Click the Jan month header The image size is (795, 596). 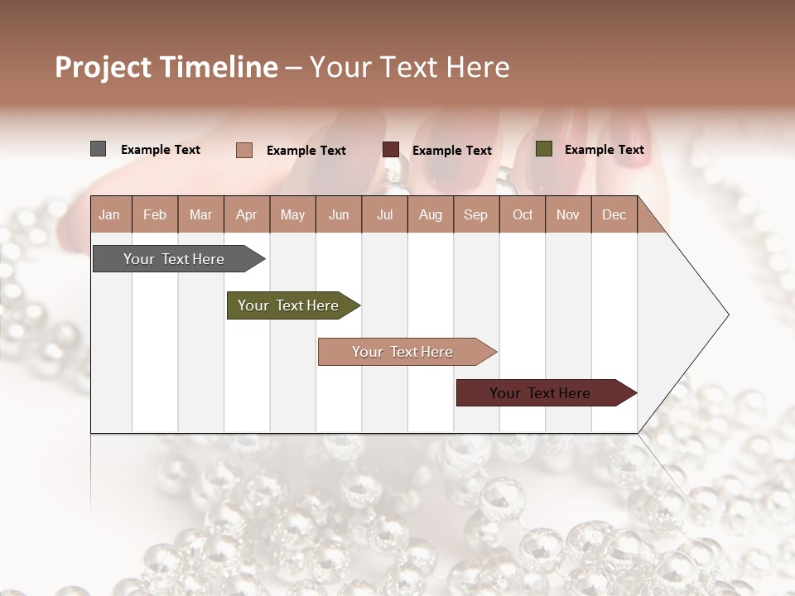(x=109, y=214)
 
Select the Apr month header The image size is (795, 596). (x=246, y=214)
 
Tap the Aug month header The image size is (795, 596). (x=430, y=214)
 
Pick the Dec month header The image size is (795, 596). (x=614, y=214)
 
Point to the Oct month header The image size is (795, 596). (x=523, y=214)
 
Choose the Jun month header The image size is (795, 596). (x=338, y=214)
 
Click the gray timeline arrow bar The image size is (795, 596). (x=174, y=259)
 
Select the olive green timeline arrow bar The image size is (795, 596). (x=288, y=305)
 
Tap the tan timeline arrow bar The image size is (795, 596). (x=402, y=352)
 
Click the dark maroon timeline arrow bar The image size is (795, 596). (x=540, y=393)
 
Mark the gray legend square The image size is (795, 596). (x=98, y=149)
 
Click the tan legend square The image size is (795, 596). (x=243, y=150)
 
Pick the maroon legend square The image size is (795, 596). (x=391, y=150)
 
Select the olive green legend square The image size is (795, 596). (x=543, y=149)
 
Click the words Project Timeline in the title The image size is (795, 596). (x=166, y=67)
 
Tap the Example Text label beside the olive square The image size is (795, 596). (x=604, y=150)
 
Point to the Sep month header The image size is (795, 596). (x=475, y=214)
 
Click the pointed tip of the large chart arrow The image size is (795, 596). (x=726, y=315)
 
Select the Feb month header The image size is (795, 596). (x=155, y=214)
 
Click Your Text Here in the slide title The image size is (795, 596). (x=409, y=67)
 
